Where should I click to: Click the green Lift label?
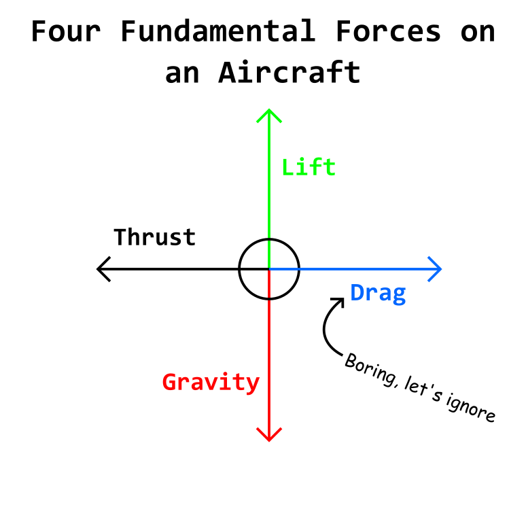pyautogui.click(x=309, y=167)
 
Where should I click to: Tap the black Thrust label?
pyautogui.click(x=154, y=237)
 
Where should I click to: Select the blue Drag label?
pyautogui.click(x=378, y=293)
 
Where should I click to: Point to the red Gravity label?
pyautogui.click(x=211, y=382)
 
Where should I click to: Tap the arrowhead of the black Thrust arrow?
pyautogui.click(x=102, y=269)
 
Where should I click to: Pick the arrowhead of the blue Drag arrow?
pyautogui.click(x=437, y=269)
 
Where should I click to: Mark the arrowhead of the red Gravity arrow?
pyautogui.click(x=269, y=435)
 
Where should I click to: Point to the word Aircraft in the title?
pyautogui.click(x=289, y=72)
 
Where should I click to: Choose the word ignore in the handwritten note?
pyautogui.click(x=471, y=408)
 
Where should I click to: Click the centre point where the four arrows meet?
pyautogui.click(x=269, y=269)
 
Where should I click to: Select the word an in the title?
pyautogui.click(x=182, y=72)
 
